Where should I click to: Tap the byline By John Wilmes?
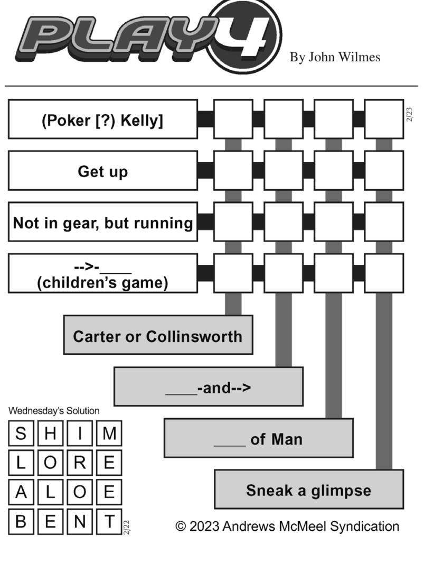[335, 57]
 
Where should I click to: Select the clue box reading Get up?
[103, 171]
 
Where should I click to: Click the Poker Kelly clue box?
[103, 119]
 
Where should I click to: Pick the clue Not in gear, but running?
[103, 222]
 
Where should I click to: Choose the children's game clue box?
[103, 274]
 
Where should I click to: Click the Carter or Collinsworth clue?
[158, 335]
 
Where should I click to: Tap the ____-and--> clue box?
[209, 386]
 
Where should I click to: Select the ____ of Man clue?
[259, 438]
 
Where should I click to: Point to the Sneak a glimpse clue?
[309, 490]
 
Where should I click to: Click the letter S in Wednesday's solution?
[21, 433]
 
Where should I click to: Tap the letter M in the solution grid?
[109, 433]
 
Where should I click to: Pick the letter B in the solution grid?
[21, 522]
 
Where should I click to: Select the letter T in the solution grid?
[109, 522]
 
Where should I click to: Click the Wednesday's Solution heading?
[54, 411]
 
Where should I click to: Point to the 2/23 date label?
[409, 115]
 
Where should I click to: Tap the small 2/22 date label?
[126, 528]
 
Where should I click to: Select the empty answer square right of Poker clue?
[233, 119]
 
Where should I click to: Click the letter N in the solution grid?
[80, 522]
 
